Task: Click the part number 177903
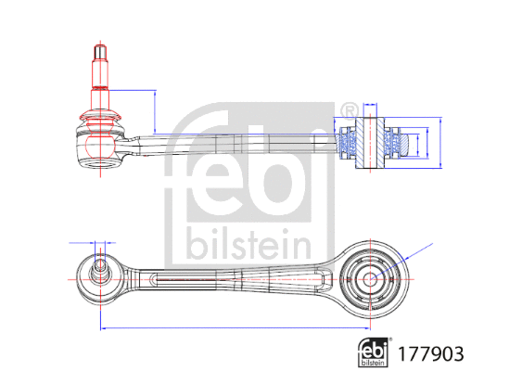point(430,352)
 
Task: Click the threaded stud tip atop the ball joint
point(98,51)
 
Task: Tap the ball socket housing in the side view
point(99,148)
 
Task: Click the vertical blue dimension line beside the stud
point(152,110)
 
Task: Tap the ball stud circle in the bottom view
point(100,271)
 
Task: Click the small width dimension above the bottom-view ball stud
point(99,242)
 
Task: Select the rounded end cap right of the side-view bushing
point(404,143)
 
